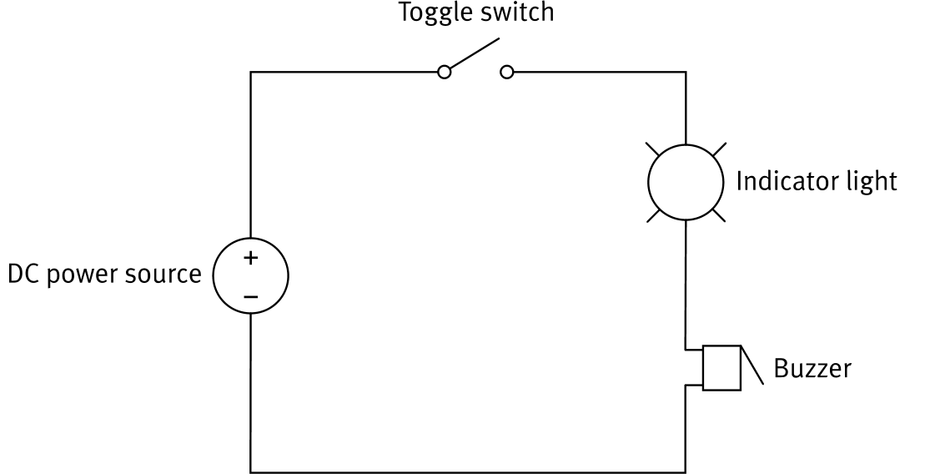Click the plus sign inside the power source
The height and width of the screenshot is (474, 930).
(x=250, y=259)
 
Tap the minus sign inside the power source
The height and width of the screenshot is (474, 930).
(x=250, y=296)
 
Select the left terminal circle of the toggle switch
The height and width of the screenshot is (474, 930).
(x=445, y=73)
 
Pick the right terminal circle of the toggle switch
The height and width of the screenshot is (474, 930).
(x=507, y=73)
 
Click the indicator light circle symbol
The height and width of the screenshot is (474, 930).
(x=684, y=182)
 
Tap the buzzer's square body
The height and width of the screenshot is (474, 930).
(x=721, y=367)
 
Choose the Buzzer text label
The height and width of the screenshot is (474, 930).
(x=812, y=368)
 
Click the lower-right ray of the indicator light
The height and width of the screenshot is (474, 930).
(x=717, y=214)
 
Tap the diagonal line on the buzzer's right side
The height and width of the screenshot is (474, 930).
(x=753, y=366)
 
